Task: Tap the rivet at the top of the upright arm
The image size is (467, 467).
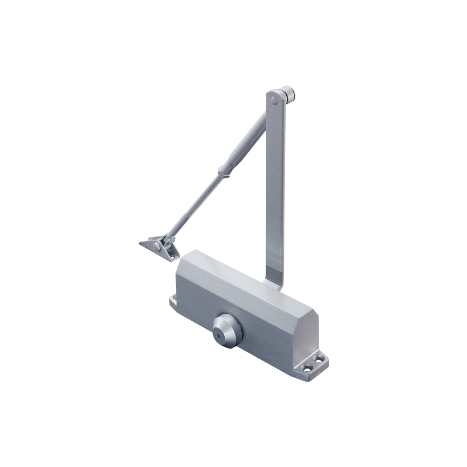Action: click(275, 99)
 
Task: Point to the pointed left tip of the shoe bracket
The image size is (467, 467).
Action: click(141, 243)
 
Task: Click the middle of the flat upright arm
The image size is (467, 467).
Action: click(275, 187)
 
